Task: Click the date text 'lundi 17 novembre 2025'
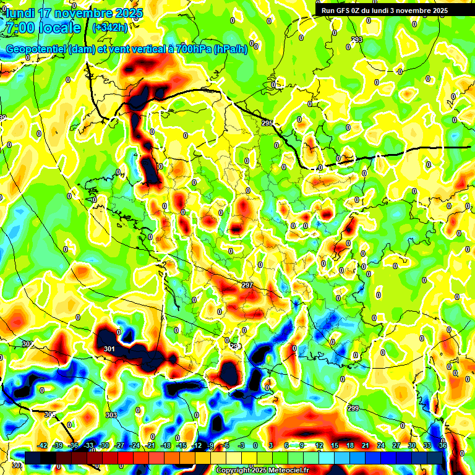tap(74, 13)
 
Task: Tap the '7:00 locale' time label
tap(43, 28)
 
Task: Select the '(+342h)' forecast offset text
tap(110, 27)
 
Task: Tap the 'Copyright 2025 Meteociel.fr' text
tap(262, 470)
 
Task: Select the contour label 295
tap(267, 124)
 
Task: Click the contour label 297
tap(247, 285)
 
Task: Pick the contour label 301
tap(109, 349)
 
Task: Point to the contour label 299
tap(353, 408)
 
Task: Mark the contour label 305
tap(50, 414)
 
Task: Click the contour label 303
tap(111, 414)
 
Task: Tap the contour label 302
tap(27, 344)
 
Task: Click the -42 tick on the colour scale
tap(43, 445)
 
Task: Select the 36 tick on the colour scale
tap(443, 445)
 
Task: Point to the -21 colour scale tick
tap(150, 445)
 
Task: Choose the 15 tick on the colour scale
tap(334, 445)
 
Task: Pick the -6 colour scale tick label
tap(226, 445)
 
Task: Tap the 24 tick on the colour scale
tap(380, 445)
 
